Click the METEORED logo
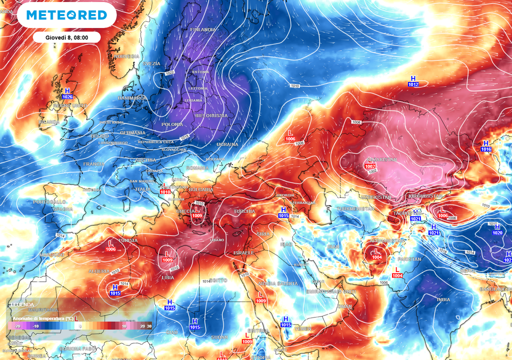(x=66, y=15)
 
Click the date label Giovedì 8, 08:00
(x=67, y=37)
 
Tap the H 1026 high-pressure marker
(x=67, y=93)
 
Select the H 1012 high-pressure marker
(x=413, y=81)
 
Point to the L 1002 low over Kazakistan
(x=370, y=163)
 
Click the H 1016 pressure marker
(x=486, y=146)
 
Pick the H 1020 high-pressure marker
(x=497, y=230)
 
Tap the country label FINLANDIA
(x=203, y=29)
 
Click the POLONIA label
(x=172, y=124)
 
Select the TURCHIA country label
(x=244, y=211)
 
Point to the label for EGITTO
(x=219, y=280)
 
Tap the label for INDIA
(x=443, y=299)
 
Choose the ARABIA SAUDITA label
(x=277, y=283)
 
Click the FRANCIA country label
(x=93, y=164)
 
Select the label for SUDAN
(x=219, y=337)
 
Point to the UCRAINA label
(x=227, y=144)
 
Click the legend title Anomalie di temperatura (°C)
(x=43, y=318)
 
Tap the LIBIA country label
(x=167, y=277)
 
